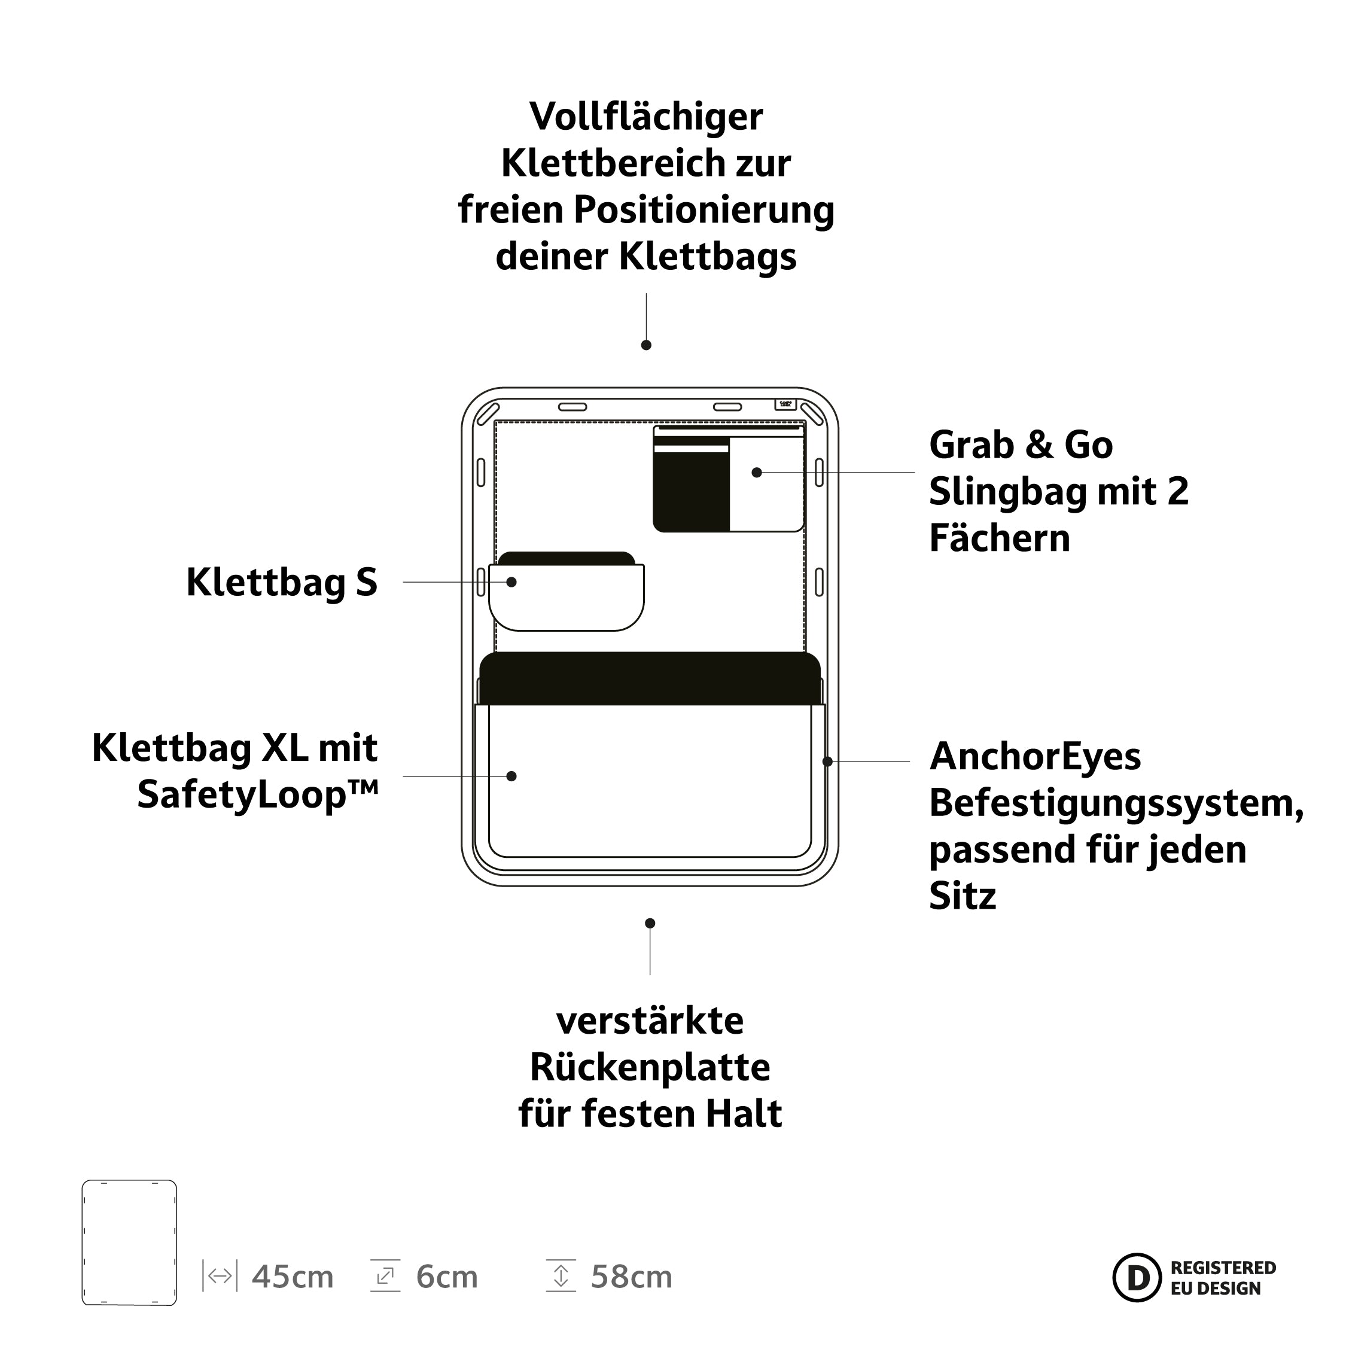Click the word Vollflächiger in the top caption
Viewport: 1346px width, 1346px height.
(646, 117)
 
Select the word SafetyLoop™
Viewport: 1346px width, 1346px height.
(258, 794)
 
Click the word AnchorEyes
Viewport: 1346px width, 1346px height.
(1036, 757)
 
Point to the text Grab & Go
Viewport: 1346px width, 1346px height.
(1021, 444)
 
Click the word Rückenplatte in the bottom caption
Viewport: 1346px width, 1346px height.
(650, 1067)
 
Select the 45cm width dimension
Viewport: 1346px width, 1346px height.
(293, 1278)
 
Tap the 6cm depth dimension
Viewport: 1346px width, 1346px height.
(447, 1278)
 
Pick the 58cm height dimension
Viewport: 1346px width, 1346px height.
(631, 1278)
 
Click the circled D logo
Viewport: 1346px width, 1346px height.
(1137, 1277)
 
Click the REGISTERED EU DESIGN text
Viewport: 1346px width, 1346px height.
(1223, 1278)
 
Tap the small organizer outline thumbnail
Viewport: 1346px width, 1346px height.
(130, 1242)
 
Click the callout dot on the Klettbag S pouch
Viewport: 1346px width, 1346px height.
(511, 581)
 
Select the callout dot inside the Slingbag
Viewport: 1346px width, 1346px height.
(757, 473)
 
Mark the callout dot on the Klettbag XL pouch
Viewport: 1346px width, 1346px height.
(511, 776)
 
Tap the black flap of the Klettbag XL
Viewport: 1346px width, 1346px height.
(650, 678)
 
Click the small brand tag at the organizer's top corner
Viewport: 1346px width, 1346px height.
(785, 404)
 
